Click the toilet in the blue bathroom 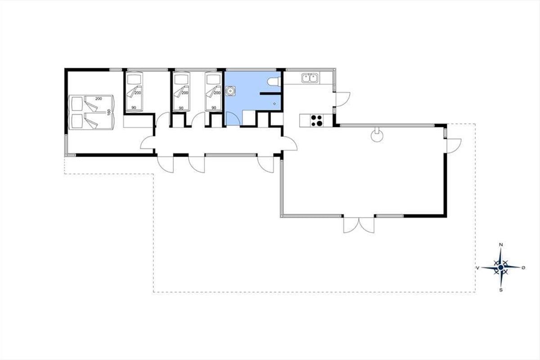(x=274, y=81)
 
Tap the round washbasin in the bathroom (x=231, y=90)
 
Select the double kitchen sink (x=310, y=78)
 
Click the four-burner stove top (x=316, y=121)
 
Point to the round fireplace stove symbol (x=377, y=135)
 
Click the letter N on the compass (x=501, y=245)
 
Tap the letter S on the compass (x=501, y=290)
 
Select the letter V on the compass (x=477, y=268)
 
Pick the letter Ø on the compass (x=523, y=268)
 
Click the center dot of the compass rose (x=501, y=267)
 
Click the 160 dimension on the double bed (x=109, y=112)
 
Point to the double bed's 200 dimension (x=99, y=99)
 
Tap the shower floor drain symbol (x=274, y=103)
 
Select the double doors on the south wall (x=359, y=225)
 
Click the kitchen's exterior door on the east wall (x=343, y=99)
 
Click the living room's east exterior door (x=454, y=146)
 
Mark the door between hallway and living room (x=289, y=144)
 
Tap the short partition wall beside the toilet (x=270, y=93)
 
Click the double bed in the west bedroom (x=91, y=112)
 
